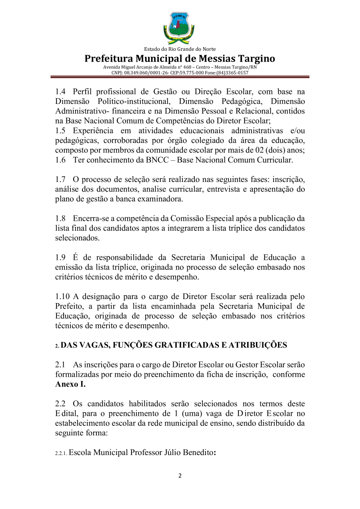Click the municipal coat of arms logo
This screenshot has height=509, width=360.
click(179, 28)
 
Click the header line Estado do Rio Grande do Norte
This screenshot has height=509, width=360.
click(180, 49)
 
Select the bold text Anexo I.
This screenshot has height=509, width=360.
click(70, 384)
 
